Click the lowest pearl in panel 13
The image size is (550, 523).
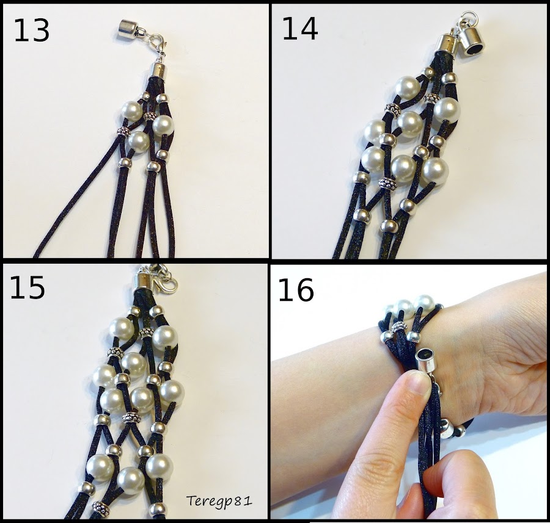pos(139,142)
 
